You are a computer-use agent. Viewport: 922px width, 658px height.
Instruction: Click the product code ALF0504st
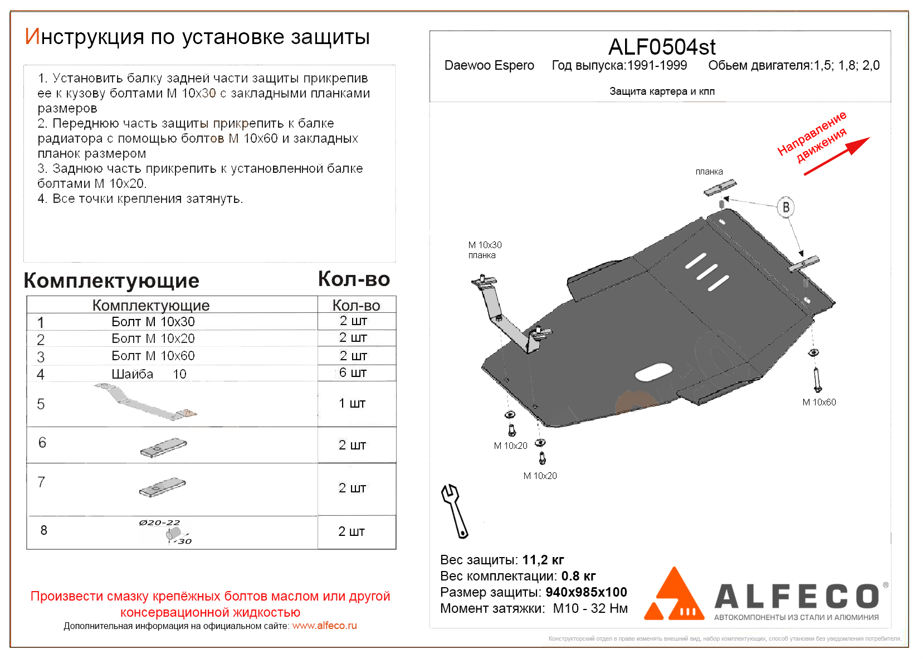tap(661, 47)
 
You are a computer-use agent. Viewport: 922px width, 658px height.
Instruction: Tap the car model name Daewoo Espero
tap(489, 66)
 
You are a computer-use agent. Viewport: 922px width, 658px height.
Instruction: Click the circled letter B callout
tap(786, 207)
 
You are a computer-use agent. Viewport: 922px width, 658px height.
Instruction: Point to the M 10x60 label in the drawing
tap(819, 402)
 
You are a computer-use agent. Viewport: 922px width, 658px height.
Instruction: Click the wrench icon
tap(455, 510)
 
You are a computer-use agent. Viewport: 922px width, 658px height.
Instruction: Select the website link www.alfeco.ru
tap(324, 626)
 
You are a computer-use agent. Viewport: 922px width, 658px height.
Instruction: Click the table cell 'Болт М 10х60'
tap(153, 356)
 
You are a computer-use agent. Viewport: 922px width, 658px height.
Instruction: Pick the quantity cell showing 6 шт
tap(353, 372)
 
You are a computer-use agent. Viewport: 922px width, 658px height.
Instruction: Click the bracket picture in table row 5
tap(145, 402)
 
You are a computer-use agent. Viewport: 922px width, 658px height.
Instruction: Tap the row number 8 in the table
tap(44, 530)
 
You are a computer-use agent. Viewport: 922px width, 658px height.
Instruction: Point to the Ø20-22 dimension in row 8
tap(159, 522)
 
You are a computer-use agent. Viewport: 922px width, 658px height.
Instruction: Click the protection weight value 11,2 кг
tap(543, 560)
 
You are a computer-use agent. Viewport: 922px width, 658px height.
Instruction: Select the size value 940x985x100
tap(586, 592)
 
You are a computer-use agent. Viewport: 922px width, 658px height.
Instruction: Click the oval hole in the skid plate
tap(653, 372)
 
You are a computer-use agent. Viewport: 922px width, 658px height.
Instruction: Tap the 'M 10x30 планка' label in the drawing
tap(485, 250)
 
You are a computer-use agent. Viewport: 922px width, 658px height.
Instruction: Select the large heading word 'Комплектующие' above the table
tap(111, 280)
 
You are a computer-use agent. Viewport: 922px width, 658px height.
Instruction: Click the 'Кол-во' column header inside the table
tap(356, 306)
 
